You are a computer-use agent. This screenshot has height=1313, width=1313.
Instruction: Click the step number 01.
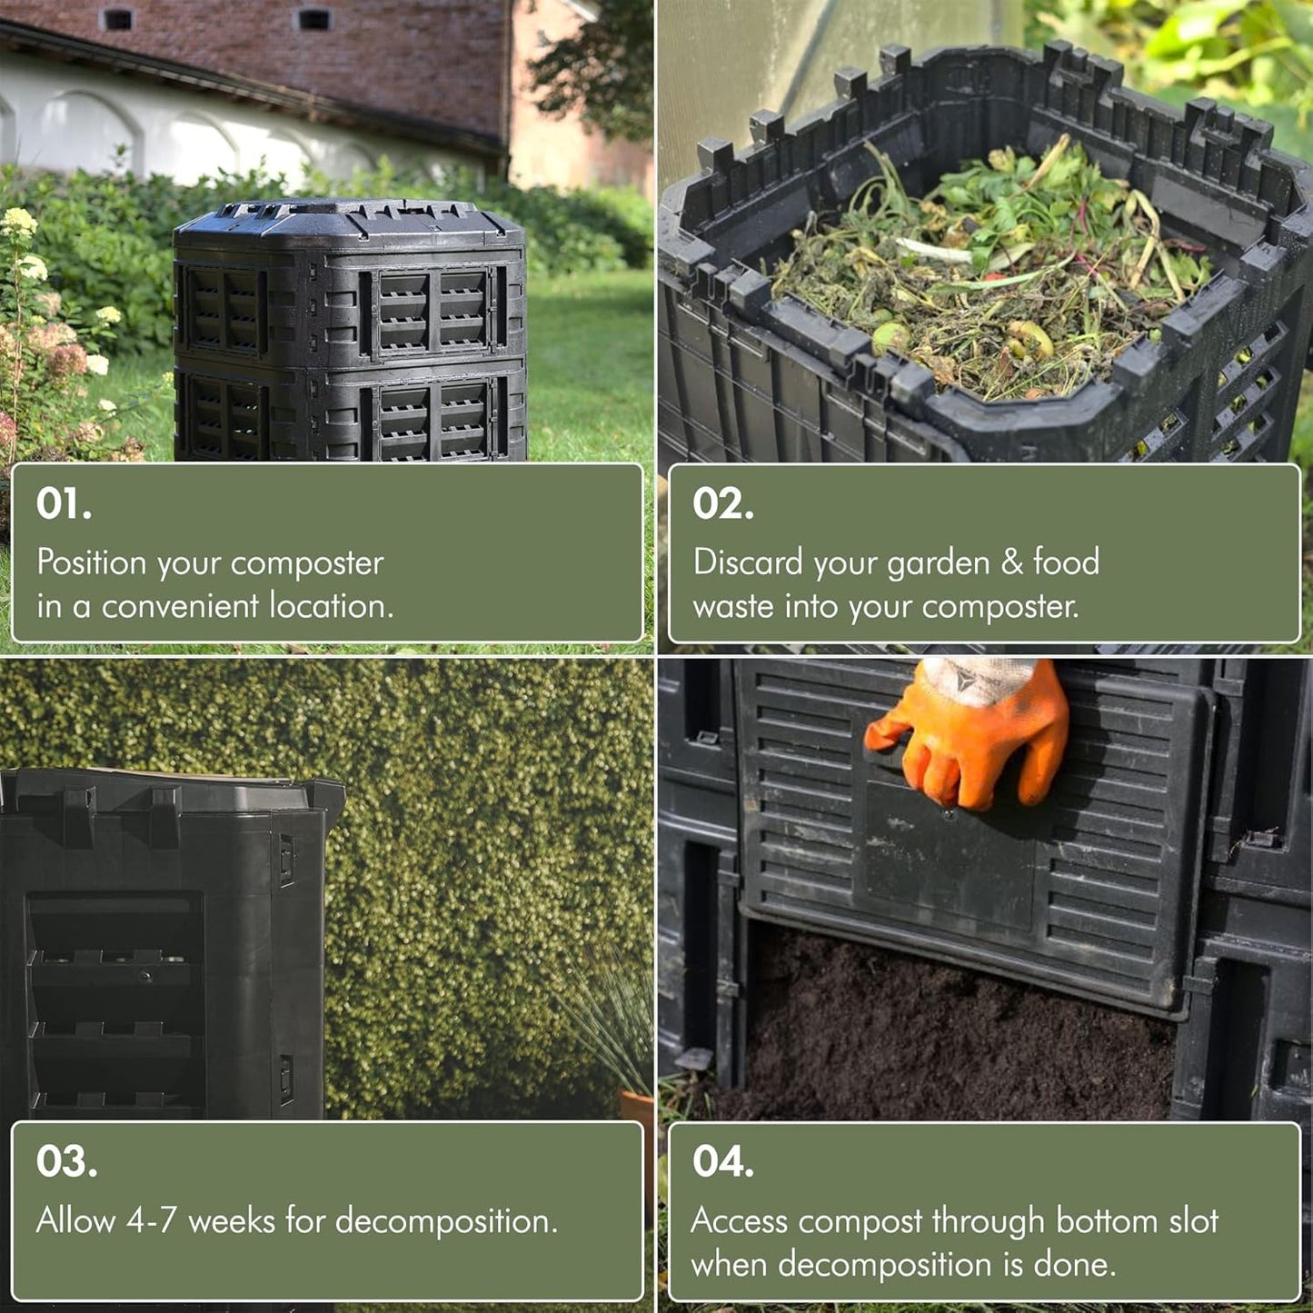pyautogui.click(x=64, y=503)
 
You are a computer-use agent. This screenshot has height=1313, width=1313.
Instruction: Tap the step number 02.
pyautogui.click(x=722, y=503)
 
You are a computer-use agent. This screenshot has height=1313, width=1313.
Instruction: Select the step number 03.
pyautogui.click(x=66, y=1161)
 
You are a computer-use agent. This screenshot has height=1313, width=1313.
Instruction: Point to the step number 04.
pyautogui.click(x=722, y=1161)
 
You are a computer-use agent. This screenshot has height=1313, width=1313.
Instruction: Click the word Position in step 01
pyautogui.click(x=91, y=562)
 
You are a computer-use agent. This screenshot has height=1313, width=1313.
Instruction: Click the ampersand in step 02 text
pyautogui.click(x=1011, y=562)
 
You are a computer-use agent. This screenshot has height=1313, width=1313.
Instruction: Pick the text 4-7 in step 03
pyautogui.click(x=151, y=1220)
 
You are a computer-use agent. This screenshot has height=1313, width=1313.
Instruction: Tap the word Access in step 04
pyautogui.click(x=739, y=1221)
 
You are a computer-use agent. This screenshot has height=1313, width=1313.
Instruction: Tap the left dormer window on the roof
pyautogui.click(x=117, y=18)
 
